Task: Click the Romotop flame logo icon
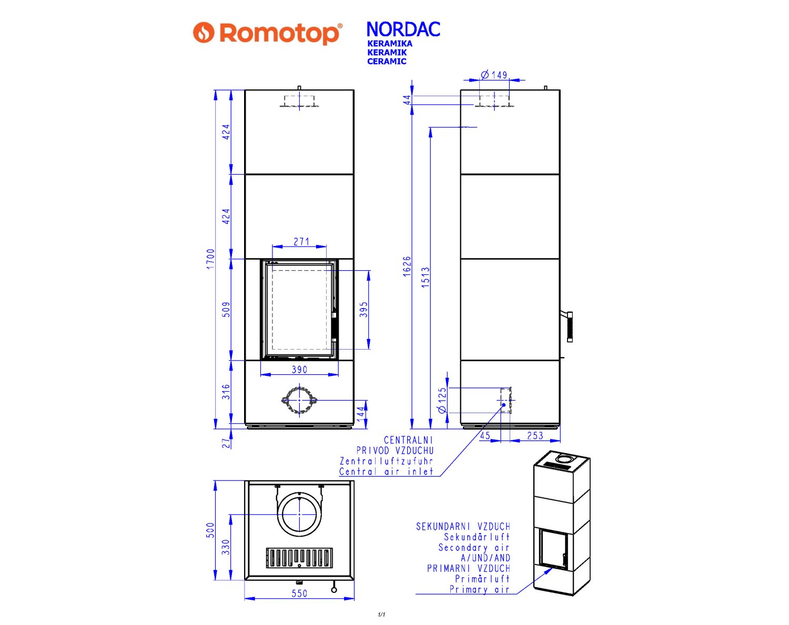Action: tap(204, 33)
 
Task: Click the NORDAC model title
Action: tap(403, 29)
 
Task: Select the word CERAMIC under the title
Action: tap(387, 62)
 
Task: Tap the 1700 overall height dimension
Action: tap(210, 259)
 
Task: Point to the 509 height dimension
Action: tap(227, 310)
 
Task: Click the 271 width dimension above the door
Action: tap(301, 242)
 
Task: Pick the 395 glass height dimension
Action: tap(363, 310)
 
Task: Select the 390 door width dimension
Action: tap(299, 370)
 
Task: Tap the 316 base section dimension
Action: tap(227, 392)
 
